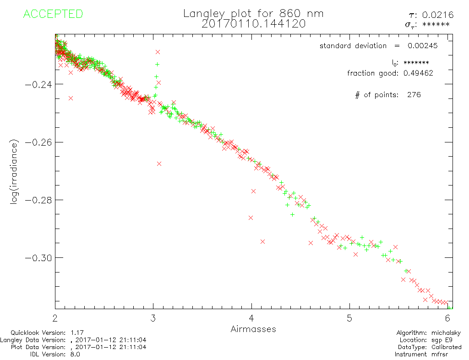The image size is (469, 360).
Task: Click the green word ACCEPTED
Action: click(53, 14)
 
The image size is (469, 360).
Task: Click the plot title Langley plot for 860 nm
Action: click(253, 14)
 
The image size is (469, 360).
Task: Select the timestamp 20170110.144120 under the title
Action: click(253, 24)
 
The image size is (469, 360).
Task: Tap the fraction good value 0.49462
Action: click(418, 73)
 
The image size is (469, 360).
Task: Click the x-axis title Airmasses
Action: click(253, 329)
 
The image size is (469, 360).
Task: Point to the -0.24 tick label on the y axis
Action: click(37, 84)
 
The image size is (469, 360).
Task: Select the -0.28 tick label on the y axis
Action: click(37, 200)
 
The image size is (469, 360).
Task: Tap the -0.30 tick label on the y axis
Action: click(37, 258)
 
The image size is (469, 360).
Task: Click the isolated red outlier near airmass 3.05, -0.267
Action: click(159, 164)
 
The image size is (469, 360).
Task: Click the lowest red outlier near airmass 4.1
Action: click(262, 241)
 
